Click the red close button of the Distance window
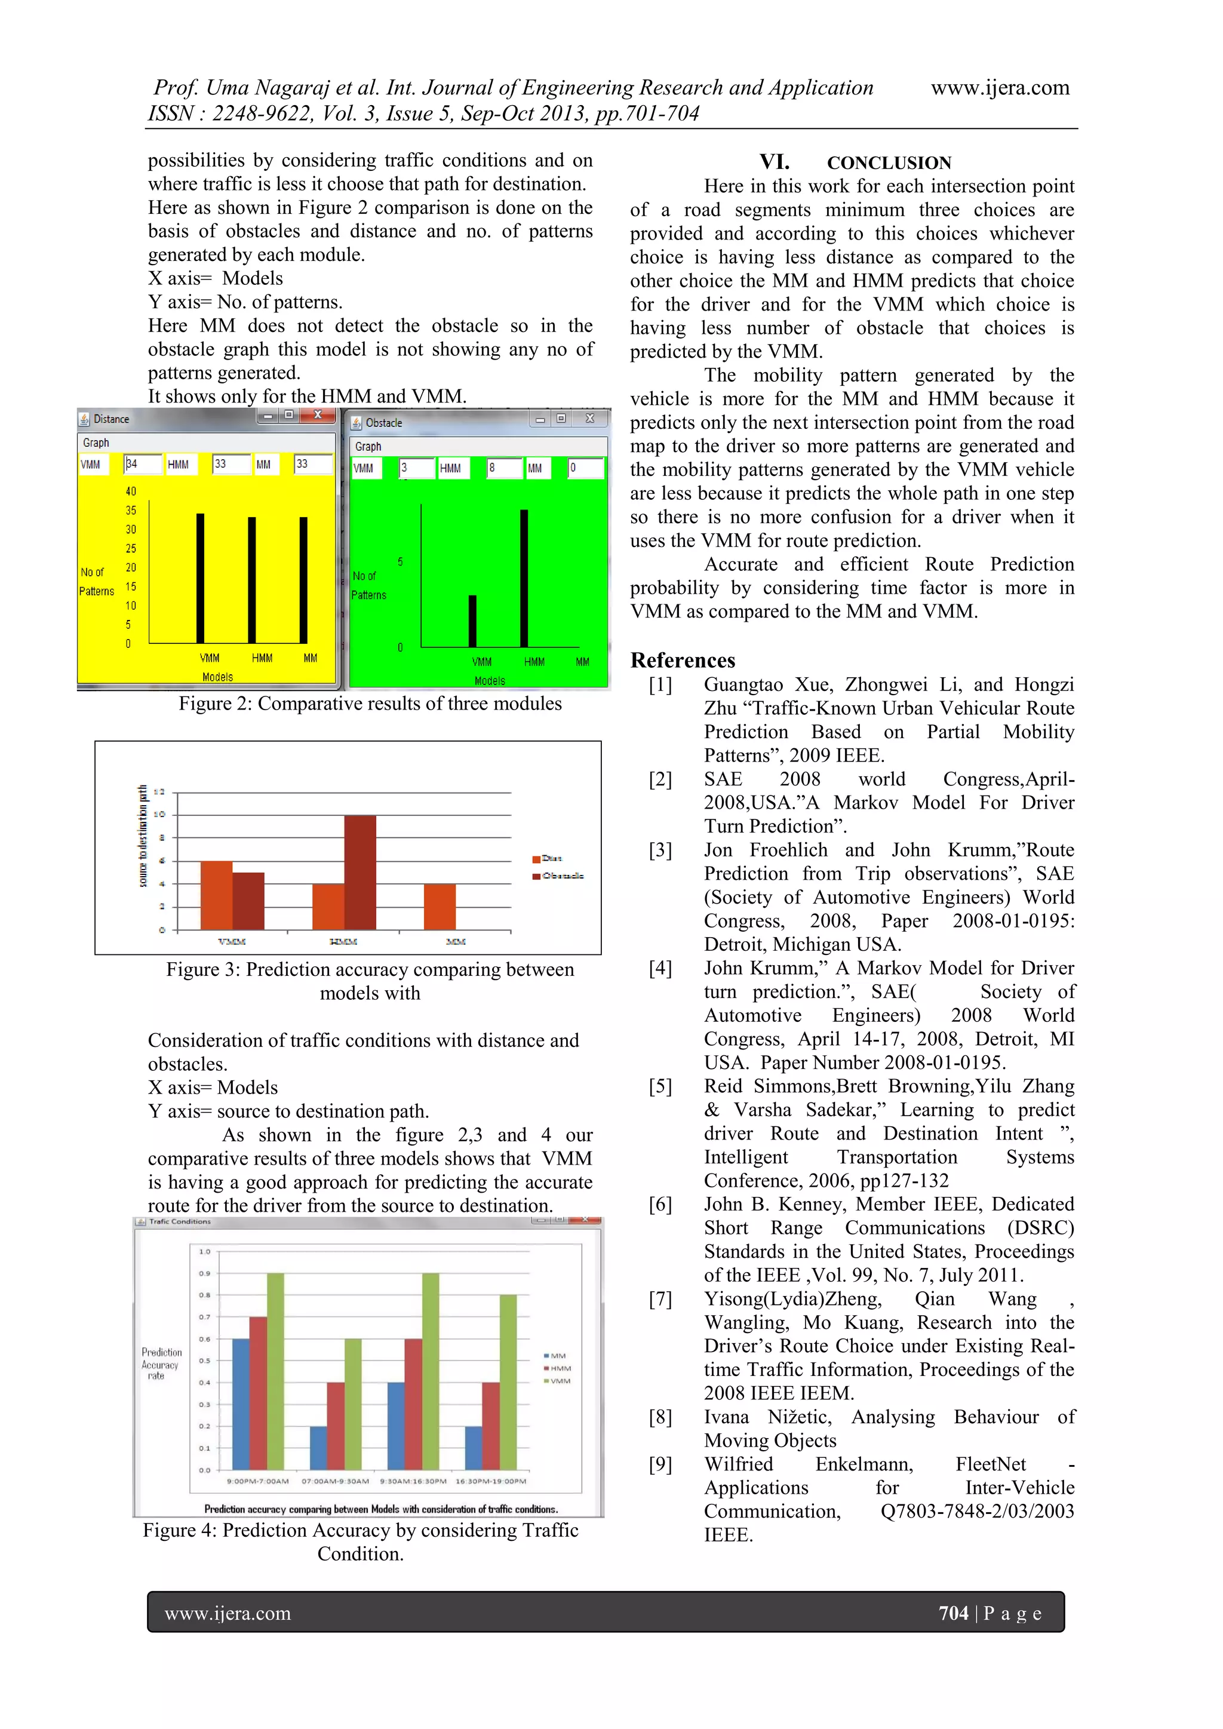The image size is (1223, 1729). click(x=318, y=415)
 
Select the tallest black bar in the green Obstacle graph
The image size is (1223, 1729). click(x=524, y=578)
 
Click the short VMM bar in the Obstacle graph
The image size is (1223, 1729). click(x=473, y=621)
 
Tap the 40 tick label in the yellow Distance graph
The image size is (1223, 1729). click(x=131, y=491)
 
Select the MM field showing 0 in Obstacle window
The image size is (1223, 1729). click(x=585, y=468)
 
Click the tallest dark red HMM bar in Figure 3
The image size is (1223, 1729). click(x=360, y=872)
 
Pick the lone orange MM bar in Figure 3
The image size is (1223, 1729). click(x=440, y=907)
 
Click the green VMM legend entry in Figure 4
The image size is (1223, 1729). click(x=557, y=1381)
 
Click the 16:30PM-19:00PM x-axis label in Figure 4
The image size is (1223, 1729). click(x=491, y=1481)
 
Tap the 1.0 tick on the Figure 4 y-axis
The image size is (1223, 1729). click(x=205, y=1252)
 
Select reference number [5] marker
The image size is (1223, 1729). click(x=660, y=1086)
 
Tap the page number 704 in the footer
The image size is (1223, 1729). click(x=952, y=1613)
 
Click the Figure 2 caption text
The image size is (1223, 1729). click(x=370, y=704)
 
